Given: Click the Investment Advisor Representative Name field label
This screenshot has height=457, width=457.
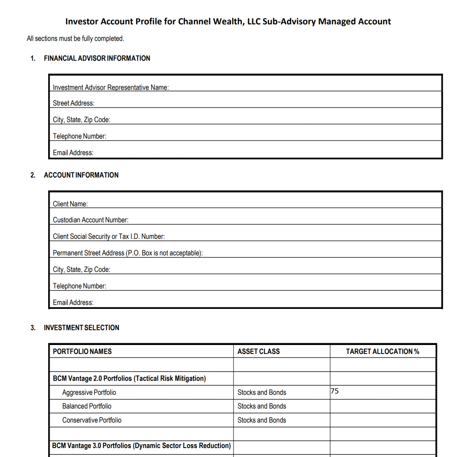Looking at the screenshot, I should coord(111,87).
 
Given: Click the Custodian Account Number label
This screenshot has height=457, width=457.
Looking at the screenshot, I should coord(91,220).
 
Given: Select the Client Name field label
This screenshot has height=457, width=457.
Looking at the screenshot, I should coord(70,204).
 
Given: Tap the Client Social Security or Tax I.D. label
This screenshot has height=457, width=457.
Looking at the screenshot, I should coord(108,237).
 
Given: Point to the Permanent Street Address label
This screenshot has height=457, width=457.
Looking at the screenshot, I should coord(128,253).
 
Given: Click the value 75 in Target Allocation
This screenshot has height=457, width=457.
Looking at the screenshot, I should coord(335,391).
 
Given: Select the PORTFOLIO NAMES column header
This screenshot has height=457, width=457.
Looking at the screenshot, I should coord(82,352).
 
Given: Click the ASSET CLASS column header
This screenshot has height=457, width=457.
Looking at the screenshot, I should coord(258,352).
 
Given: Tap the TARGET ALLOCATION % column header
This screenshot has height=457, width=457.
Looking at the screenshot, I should coord(382,352).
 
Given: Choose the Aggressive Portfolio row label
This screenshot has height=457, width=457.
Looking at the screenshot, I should coord(89,393).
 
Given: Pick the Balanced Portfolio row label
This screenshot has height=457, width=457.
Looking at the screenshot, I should coord(87,406).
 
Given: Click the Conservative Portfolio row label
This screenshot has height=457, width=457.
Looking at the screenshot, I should coord(91,420).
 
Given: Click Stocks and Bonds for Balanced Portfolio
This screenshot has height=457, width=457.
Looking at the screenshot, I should coord(262,406).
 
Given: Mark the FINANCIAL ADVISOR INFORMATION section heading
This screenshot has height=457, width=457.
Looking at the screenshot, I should coord(97,58).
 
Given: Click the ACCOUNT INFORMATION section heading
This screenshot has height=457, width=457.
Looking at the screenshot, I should coord(81,175).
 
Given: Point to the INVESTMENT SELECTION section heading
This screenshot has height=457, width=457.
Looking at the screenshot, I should coord(81,328).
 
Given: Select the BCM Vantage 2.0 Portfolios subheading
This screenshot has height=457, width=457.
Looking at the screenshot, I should coord(129,378).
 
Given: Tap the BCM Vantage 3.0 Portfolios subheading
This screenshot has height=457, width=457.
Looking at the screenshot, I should coord(141,445).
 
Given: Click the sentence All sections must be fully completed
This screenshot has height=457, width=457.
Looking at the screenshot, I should coord(75,39).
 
